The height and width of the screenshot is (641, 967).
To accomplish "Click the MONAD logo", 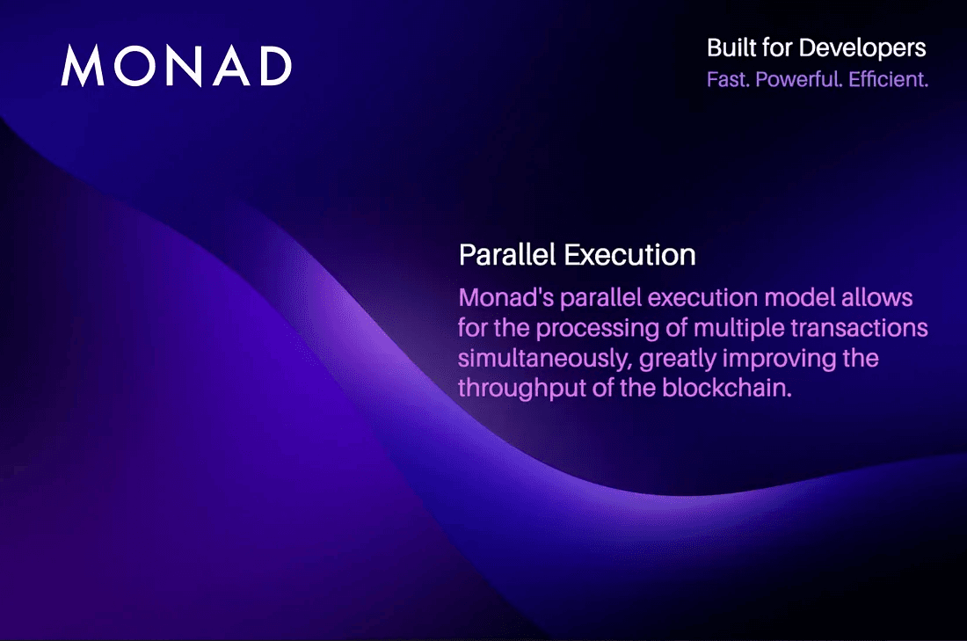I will pos(176,65).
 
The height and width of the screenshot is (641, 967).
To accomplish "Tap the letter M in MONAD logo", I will pos(83,65).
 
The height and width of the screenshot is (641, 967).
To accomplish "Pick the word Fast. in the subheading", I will pos(728,79).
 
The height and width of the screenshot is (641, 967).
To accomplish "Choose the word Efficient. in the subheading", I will pos(889,79).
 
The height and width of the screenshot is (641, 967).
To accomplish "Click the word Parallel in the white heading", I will pos(507,255).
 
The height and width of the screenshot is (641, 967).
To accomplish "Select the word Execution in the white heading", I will pos(630,255).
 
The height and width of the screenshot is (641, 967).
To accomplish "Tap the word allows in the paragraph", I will pos(881,297).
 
